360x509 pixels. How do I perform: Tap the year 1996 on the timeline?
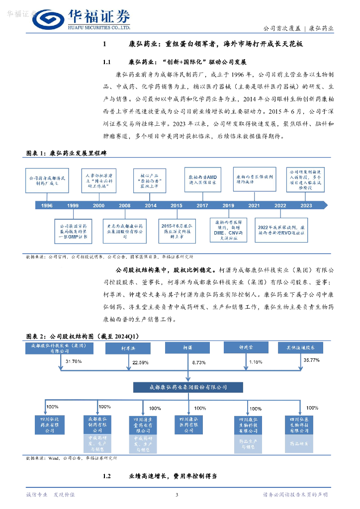[47, 205]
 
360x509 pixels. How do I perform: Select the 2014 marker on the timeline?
[150, 205]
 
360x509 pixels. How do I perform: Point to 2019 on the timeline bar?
[228, 205]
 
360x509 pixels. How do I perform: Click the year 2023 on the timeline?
[306, 205]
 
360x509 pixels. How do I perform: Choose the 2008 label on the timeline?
[125, 205]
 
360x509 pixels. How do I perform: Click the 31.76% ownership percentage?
[73, 361]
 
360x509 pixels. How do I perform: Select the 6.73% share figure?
[198, 362]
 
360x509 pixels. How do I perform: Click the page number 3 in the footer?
[177, 495]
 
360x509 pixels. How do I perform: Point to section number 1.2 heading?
[106, 476]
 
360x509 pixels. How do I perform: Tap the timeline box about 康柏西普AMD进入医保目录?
[202, 179]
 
